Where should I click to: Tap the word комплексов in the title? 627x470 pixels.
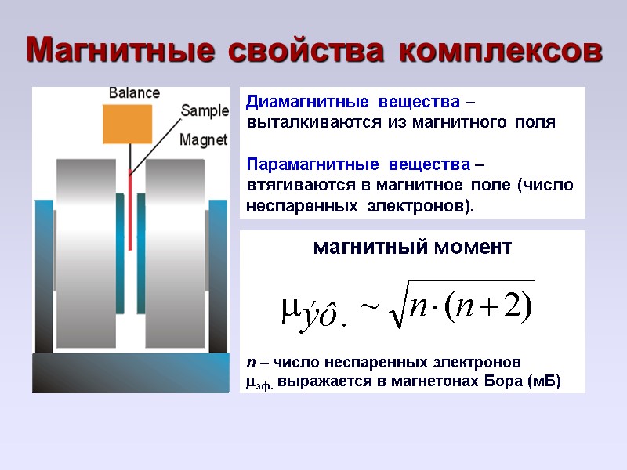tap(502, 50)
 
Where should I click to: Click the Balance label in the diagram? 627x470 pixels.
tap(134, 93)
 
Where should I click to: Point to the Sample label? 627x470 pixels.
tap(205, 110)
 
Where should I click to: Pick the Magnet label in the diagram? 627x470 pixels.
tap(203, 140)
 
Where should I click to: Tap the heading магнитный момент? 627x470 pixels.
tap(412, 248)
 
